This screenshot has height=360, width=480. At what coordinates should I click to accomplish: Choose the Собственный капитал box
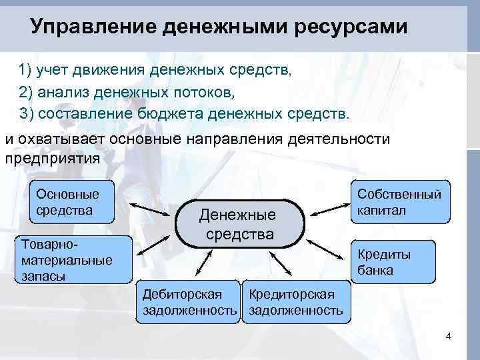click(x=399, y=202)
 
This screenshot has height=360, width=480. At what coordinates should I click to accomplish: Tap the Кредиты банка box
click(x=393, y=262)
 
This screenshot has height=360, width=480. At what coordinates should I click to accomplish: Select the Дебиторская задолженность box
click(x=187, y=302)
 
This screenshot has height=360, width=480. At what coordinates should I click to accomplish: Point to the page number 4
click(x=449, y=335)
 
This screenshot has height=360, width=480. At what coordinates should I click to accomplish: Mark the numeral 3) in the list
click(x=27, y=113)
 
